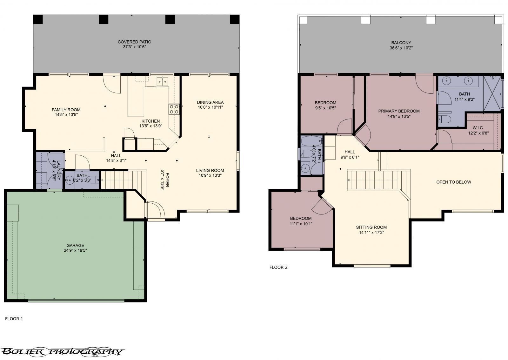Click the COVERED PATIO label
pos(134,42)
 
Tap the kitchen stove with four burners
pos(174,109)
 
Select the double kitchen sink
pos(162,82)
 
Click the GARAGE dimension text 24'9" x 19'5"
pos(75,250)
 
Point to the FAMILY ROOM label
pos(66,110)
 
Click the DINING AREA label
pos(210,102)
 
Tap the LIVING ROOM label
pos(210,170)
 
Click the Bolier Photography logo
pos(62,351)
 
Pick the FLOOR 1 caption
pos(14,319)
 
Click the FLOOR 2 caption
pos(278,267)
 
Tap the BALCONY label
pos(401,43)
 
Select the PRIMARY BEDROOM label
pos(399,111)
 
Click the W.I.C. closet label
pos(476,128)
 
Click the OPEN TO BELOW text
pos(453,182)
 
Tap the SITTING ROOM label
pos(371,227)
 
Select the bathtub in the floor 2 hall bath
pos(311,141)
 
